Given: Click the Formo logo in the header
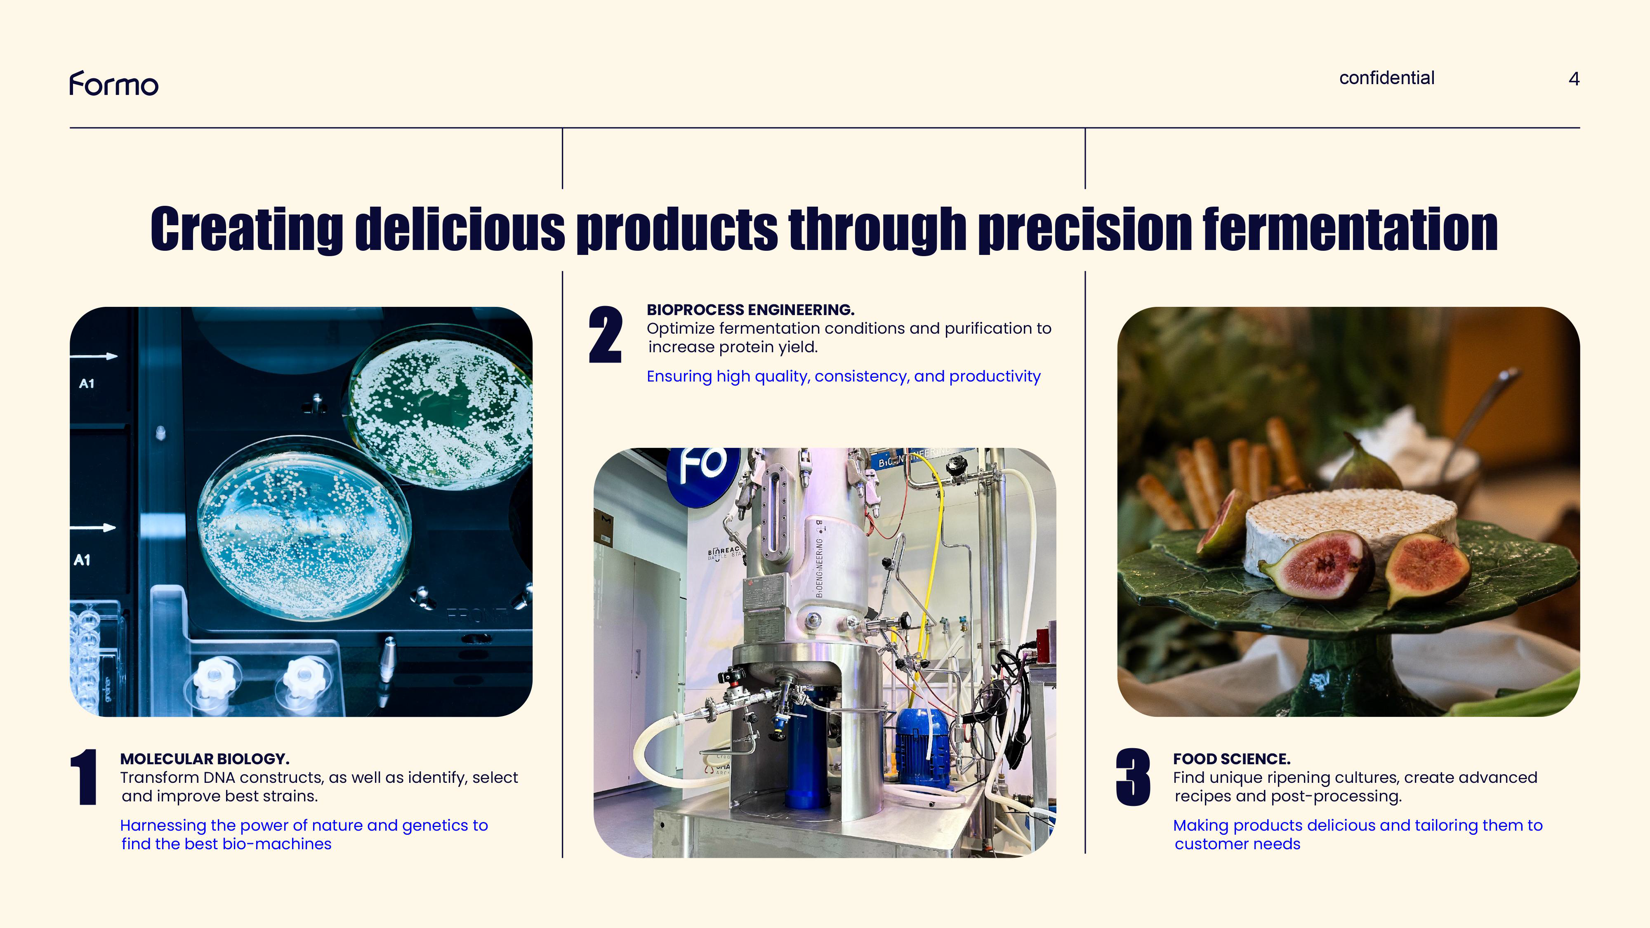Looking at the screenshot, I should click(114, 84).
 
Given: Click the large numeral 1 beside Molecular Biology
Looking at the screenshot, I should click(84, 777).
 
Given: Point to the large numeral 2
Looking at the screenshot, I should click(605, 335).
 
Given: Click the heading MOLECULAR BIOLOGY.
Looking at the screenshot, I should click(204, 759).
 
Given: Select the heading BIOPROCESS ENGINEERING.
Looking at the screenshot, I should click(750, 310).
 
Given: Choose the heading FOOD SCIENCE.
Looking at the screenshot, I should click(1231, 759).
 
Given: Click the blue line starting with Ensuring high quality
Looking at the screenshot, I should click(843, 377).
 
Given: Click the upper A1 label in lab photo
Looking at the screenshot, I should click(87, 384).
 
